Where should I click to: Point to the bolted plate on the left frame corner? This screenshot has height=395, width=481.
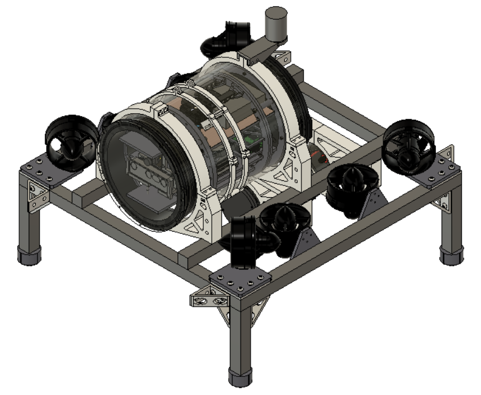click(43, 169)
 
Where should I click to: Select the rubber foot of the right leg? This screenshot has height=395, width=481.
click(452, 256)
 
